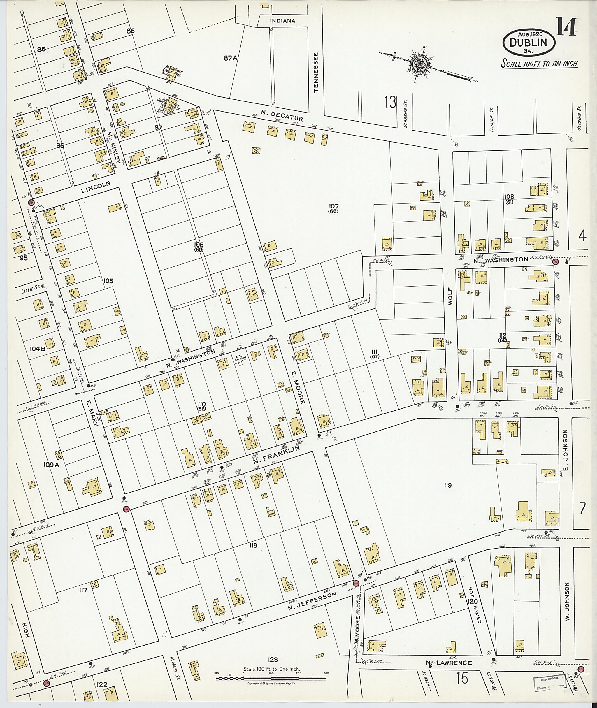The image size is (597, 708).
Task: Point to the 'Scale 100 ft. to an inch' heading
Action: pyautogui.click(x=540, y=64)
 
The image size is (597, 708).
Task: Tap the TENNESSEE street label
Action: pyautogui.click(x=317, y=72)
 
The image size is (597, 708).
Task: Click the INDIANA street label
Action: pyautogui.click(x=282, y=21)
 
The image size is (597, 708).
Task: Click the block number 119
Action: pyautogui.click(x=448, y=486)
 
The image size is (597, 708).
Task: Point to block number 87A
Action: pyautogui.click(x=231, y=58)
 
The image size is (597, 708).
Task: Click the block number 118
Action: pyautogui.click(x=253, y=545)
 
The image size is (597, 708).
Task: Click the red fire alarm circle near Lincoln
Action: pyautogui.click(x=32, y=202)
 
